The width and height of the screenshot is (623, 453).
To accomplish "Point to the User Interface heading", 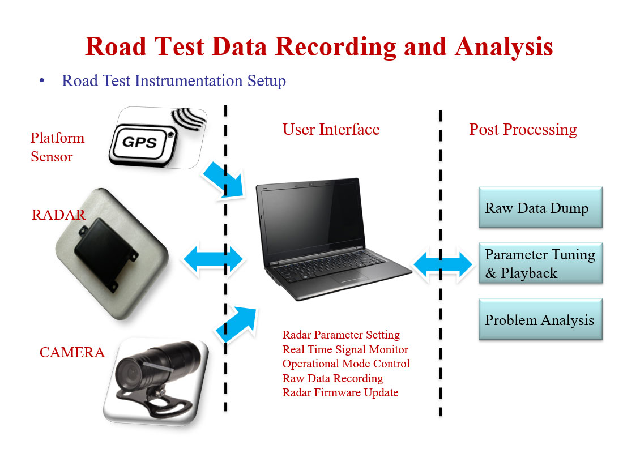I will [331, 130].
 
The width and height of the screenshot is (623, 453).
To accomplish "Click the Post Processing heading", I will [523, 130].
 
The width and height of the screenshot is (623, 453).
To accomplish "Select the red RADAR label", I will [59, 215].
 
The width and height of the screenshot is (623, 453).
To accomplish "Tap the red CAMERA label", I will [72, 353].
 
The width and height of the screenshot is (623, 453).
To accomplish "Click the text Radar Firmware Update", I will [340, 392].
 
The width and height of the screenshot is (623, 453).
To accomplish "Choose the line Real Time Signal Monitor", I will [345, 349].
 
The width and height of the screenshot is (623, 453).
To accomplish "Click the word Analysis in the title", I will [503, 46].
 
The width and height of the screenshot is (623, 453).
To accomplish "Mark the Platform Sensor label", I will [57, 147].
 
